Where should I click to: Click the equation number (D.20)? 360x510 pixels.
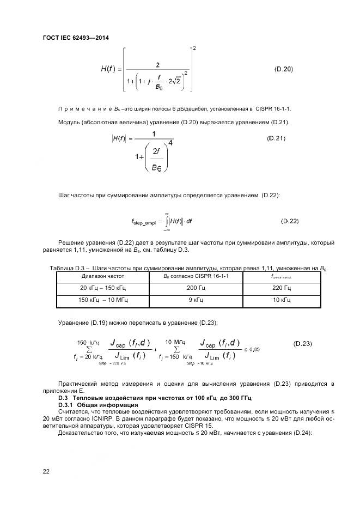click(283, 69)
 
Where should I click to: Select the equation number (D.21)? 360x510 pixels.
click(277, 138)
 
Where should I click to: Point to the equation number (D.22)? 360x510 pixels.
click(290, 221)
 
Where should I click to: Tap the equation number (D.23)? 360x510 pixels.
click(302, 343)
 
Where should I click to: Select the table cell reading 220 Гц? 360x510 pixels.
click(282, 288)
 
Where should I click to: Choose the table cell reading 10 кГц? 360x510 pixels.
click(282, 300)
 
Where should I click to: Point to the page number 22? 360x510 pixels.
click(46, 471)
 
